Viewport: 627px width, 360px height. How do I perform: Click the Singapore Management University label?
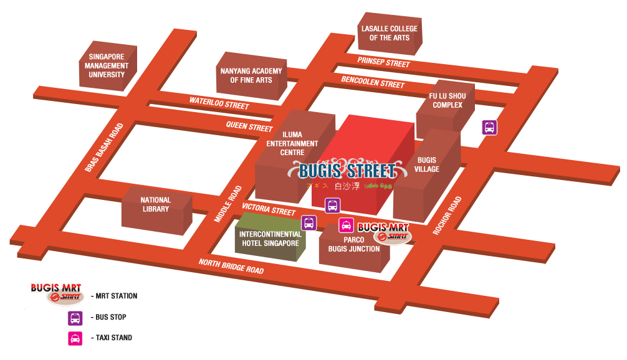point(107,65)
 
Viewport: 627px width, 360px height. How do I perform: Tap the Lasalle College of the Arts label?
point(390,33)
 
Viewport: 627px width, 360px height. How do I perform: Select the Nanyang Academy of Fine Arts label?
point(251,75)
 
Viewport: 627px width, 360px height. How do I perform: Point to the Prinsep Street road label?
point(383,62)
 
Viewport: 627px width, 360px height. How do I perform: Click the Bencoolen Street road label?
point(373,82)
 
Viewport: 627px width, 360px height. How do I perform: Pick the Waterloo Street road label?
point(219,103)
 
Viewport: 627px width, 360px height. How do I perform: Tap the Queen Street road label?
point(249,126)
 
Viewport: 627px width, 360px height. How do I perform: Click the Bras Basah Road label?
point(104,148)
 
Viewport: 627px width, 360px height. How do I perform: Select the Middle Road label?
point(227,204)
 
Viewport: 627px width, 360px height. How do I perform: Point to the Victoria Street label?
point(269,209)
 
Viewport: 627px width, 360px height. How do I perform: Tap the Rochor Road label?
point(448,216)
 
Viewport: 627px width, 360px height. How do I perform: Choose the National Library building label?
point(156,204)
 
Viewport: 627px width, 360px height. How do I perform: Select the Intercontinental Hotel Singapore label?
point(270,239)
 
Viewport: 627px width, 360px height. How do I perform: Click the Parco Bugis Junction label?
point(354,244)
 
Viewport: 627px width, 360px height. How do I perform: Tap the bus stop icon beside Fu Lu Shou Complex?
point(490,128)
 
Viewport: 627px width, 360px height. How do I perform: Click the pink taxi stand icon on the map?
point(346,225)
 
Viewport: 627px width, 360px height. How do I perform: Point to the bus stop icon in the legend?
point(75,318)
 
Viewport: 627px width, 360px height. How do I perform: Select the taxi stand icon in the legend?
point(75,338)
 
